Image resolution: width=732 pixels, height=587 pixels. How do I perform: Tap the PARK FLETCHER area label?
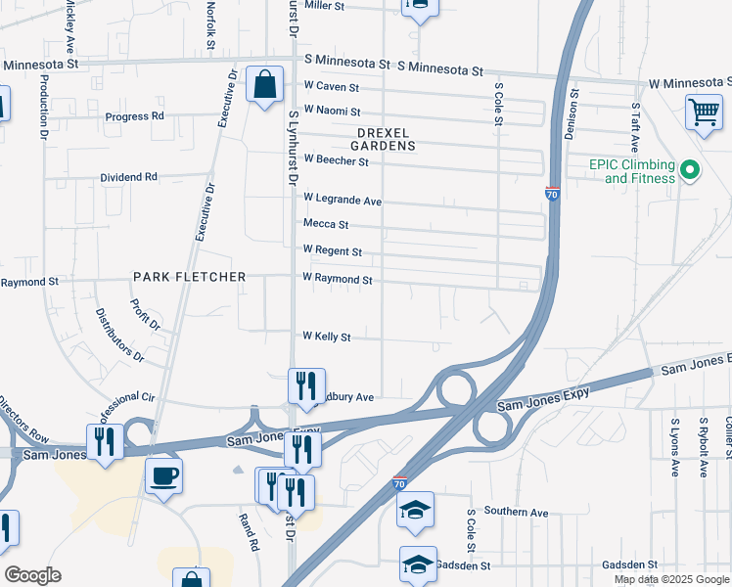coord(190,277)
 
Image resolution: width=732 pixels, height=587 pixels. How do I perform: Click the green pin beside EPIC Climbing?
coord(691,170)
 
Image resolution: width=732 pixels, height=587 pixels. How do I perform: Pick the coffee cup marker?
coord(163,476)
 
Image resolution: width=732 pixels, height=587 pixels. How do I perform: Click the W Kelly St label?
coord(326,336)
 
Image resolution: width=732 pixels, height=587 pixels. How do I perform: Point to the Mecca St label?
coord(325,224)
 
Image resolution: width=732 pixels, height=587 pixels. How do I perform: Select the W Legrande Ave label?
coord(342,201)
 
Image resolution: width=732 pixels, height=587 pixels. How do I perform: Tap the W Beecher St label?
coord(336,159)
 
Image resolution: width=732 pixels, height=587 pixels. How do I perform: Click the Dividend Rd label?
coord(128,177)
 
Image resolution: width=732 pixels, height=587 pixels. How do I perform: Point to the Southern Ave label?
coord(515,512)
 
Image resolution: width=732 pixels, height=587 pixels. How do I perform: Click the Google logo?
coord(31,575)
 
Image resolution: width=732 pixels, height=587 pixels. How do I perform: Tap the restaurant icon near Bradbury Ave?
coord(305,385)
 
